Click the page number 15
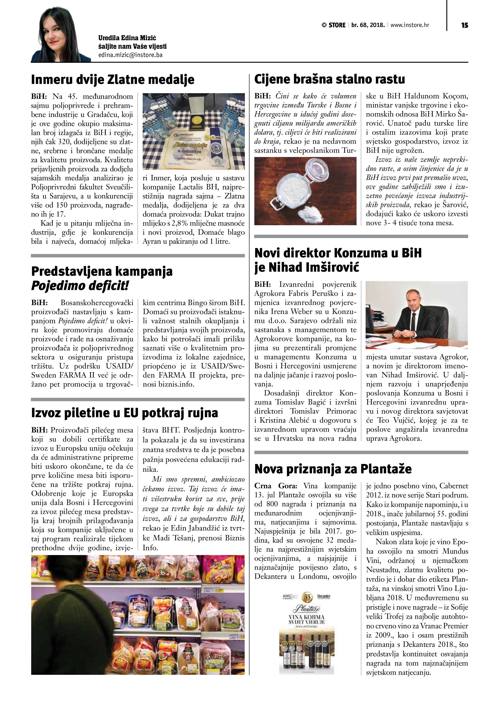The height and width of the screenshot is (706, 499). pos(464,25)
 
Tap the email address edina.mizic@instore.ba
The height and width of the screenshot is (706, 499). pos(130,55)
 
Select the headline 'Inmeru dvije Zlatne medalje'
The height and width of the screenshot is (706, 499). pos(113,80)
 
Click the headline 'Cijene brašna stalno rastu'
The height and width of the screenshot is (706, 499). pos(329,79)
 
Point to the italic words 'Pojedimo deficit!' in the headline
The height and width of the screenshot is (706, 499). pos(80,286)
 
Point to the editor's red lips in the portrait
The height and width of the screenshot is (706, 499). pos(53,42)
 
